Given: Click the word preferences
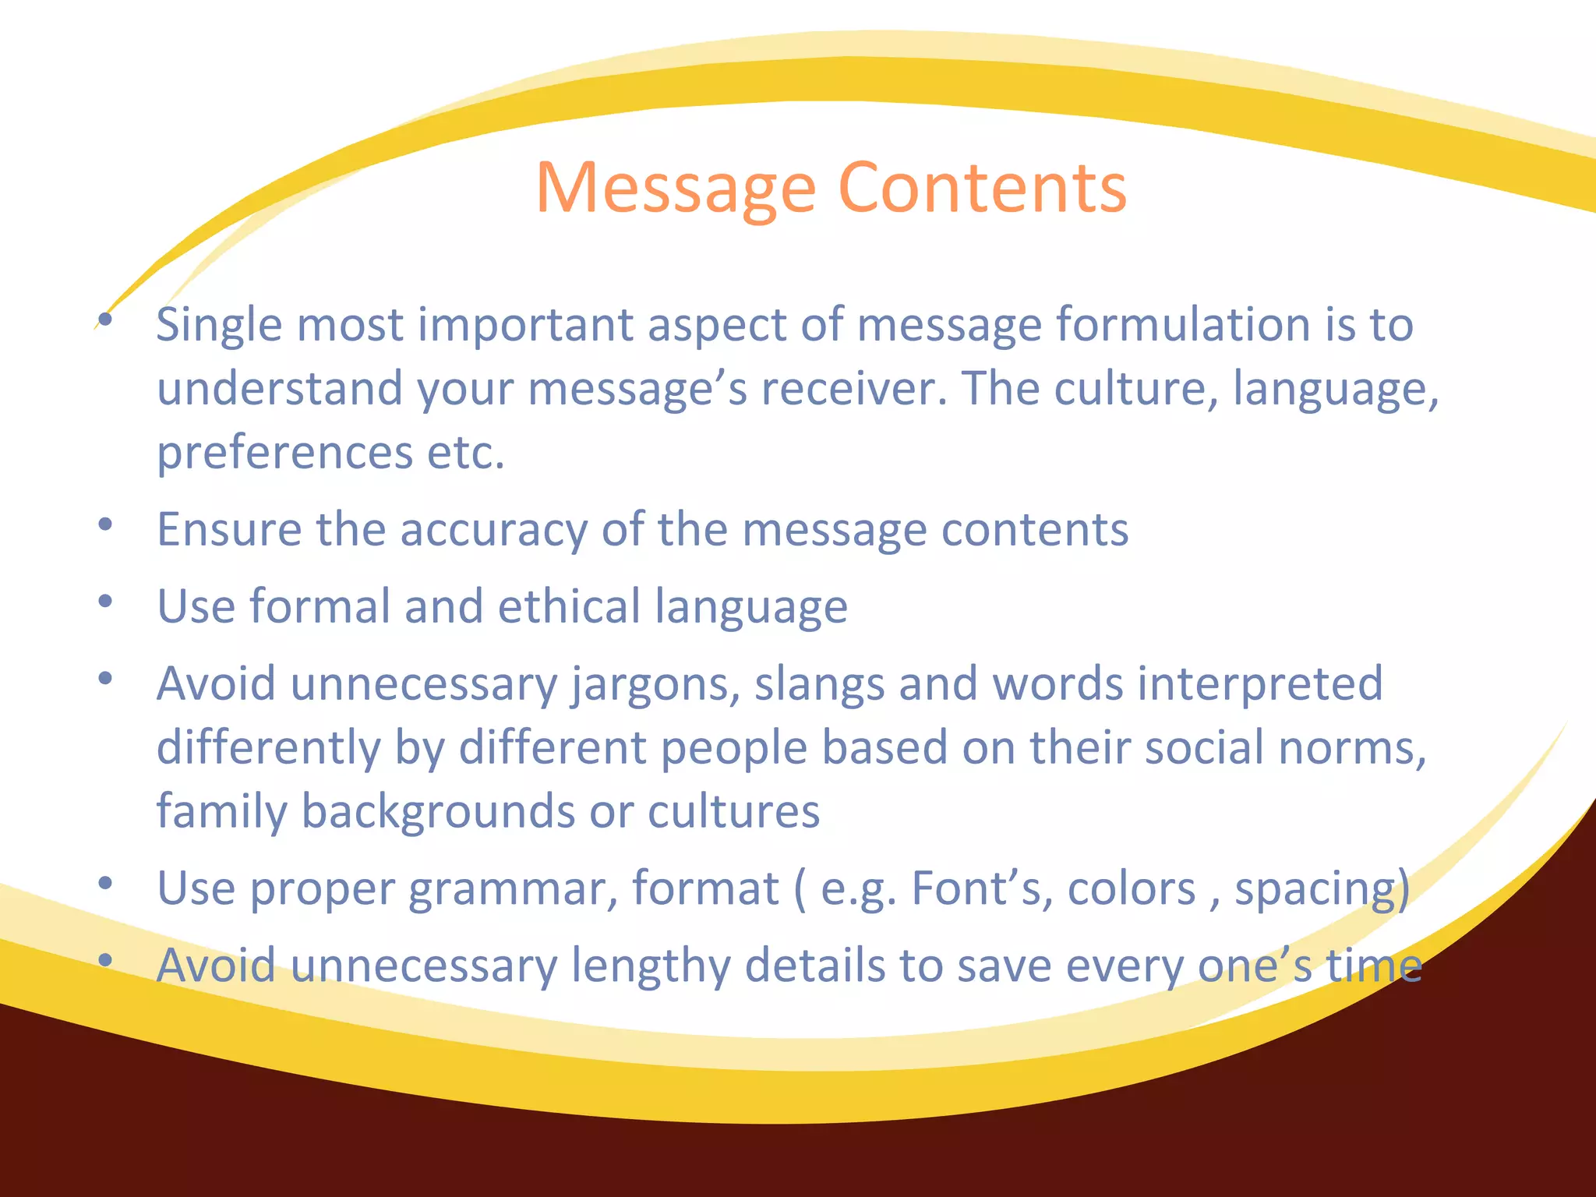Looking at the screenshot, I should [284, 454].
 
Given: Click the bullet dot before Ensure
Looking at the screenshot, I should [106, 524].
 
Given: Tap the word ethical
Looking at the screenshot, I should [569, 606].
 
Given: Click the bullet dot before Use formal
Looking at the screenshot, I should [106, 602].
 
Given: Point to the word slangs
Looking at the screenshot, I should [818, 685].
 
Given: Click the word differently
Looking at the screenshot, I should [268, 748].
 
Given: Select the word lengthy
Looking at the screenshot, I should [650, 966].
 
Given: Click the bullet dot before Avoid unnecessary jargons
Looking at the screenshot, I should [106, 679].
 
